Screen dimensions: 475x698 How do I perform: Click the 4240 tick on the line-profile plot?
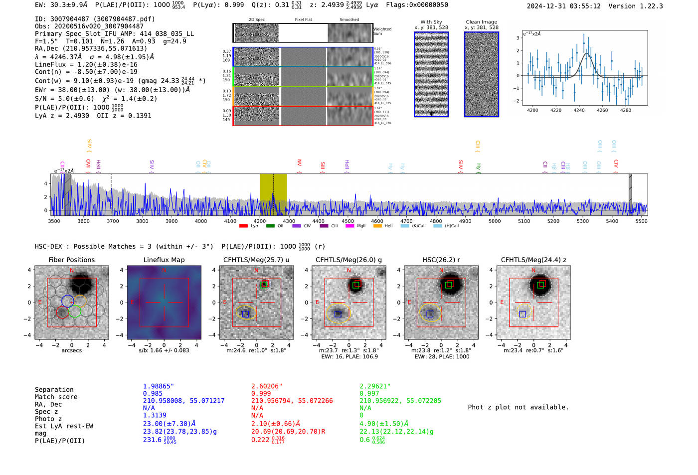click(579, 110)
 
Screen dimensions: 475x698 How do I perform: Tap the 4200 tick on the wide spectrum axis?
click(260, 221)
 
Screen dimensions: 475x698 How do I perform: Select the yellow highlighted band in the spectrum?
click(273, 194)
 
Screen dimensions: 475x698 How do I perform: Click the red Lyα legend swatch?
click(243, 226)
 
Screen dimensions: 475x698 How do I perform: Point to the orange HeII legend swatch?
click(377, 226)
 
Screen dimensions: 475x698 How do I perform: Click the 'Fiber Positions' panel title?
click(71, 260)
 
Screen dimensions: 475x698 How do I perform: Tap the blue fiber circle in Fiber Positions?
click(68, 301)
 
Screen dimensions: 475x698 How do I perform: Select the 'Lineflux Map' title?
click(164, 260)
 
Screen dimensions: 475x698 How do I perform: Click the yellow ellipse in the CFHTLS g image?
click(338, 314)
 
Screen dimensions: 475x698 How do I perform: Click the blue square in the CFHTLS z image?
click(523, 314)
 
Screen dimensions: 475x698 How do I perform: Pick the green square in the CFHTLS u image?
click(264, 284)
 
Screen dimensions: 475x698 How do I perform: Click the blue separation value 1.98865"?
click(158, 386)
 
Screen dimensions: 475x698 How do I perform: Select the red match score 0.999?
click(261, 393)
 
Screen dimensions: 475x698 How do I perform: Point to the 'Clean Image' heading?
click(481, 22)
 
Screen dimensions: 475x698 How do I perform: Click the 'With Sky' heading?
click(431, 22)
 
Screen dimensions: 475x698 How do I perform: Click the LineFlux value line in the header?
click(86, 64)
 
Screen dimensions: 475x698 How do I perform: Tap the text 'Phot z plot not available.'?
click(518, 407)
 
